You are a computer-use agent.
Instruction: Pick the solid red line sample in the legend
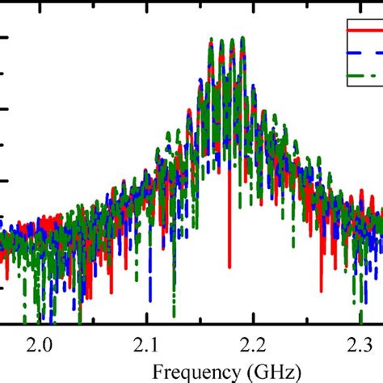[364, 31]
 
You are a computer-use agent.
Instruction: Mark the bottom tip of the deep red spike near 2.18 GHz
[229, 267]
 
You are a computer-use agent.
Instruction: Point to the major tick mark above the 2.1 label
[147, 322]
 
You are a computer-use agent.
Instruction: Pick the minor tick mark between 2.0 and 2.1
[94, 323]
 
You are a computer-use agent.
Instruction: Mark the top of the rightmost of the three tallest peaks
[241, 38]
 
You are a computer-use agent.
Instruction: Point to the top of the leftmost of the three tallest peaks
[212, 38]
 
